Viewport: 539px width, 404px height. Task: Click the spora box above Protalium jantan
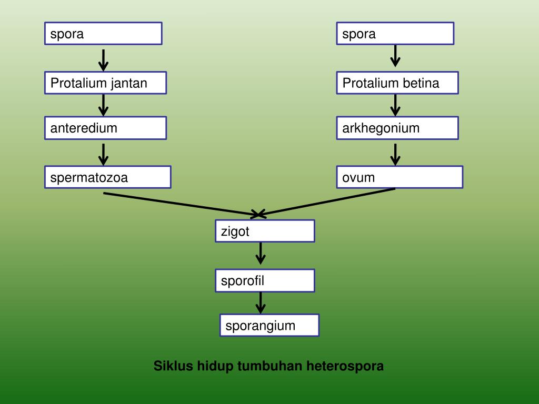[103, 34]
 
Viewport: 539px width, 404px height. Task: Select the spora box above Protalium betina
[395, 34]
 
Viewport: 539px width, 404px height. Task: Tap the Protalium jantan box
[105, 83]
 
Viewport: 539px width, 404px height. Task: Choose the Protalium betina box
[397, 83]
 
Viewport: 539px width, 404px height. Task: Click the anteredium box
[105, 128]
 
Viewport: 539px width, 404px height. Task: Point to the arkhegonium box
[397, 128]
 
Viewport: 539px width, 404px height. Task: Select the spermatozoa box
[107, 177]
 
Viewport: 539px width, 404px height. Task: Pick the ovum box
[399, 177]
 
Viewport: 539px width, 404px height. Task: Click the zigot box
[265, 231]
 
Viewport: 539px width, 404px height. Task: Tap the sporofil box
[265, 280]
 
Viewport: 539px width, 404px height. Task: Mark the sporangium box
[269, 325]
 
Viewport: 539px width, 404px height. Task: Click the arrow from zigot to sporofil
[260, 254]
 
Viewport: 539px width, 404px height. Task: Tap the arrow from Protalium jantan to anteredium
[104, 105]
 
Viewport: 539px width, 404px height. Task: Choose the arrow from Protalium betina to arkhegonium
[395, 105]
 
